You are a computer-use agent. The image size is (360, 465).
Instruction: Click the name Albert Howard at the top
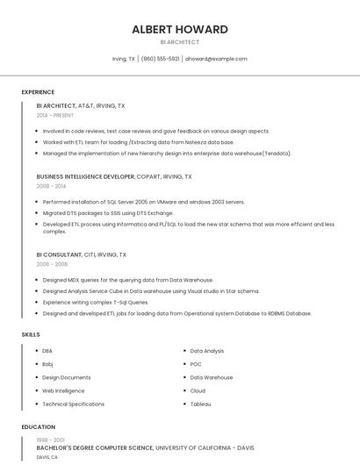coord(180,29)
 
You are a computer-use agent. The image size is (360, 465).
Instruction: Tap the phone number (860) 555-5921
coord(160,59)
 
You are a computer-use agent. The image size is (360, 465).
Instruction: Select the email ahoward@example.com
coord(216,59)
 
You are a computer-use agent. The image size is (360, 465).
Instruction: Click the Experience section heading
coord(38,92)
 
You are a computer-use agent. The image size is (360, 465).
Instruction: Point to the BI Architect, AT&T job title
coord(81,106)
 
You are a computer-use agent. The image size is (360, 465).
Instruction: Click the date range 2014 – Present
coord(55,115)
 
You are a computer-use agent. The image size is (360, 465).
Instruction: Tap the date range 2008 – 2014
coord(51,186)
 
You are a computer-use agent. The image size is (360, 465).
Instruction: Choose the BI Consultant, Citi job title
coord(82,254)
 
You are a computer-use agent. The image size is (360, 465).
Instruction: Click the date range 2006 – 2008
coord(52,264)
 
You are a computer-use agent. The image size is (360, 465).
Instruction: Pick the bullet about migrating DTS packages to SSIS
coord(108,212)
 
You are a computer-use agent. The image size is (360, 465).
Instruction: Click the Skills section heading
coord(31,334)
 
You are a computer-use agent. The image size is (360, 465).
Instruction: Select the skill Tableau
coord(201,404)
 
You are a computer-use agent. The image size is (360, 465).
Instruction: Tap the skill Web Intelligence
coord(63,390)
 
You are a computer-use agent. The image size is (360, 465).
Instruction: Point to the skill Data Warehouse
coord(212,377)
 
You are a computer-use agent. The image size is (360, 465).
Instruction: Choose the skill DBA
coord(47,351)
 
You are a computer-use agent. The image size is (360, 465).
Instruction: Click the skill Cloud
coord(198,390)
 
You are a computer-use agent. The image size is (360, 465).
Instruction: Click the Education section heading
coord(39,427)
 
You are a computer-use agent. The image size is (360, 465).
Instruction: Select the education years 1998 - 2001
coord(50,440)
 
